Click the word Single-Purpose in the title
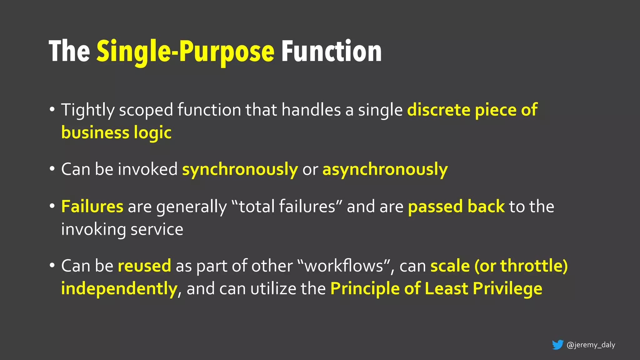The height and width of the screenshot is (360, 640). point(185,52)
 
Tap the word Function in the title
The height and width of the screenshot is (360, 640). point(331,52)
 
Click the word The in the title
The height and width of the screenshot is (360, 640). point(69,52)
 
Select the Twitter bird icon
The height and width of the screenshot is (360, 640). point(557,345)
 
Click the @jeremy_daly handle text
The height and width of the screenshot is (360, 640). point(591,345)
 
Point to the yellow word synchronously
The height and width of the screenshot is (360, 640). point(240,170)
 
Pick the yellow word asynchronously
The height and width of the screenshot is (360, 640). point(385,170)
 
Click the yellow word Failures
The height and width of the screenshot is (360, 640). point(92,207)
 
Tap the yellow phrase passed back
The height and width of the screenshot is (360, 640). point(456,207)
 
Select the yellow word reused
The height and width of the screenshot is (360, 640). point(144,266)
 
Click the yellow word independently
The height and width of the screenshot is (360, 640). point(119,288)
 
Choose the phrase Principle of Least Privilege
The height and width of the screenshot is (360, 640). point(436,288)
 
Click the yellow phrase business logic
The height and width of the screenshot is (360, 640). point(116,133)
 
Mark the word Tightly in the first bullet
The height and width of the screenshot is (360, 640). point(88,110)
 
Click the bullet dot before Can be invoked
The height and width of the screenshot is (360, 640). point(52,169)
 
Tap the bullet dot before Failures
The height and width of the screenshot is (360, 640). point(52,206)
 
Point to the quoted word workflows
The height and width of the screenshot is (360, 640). point(344,266)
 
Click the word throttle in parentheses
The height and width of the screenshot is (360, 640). point(531,266)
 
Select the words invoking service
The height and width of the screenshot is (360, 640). point(122,229)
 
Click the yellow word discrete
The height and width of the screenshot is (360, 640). point(439,110)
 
